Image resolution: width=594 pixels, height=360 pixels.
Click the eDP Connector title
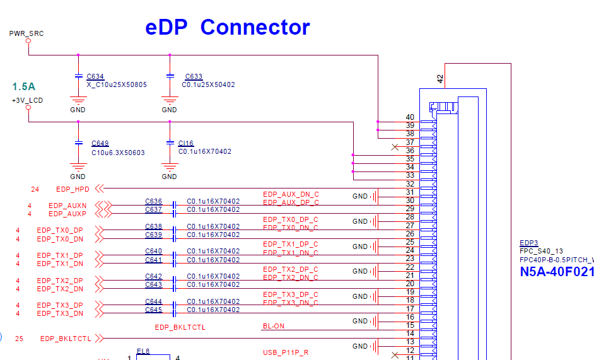[x=228, y=27]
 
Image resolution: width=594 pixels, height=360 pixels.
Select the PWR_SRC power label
[x=26, y=33]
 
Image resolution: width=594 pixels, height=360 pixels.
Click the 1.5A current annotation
[x=24, y=86]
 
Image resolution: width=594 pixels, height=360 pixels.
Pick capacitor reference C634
[x=95, y=76]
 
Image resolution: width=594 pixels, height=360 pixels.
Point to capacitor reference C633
[x=194, y=76]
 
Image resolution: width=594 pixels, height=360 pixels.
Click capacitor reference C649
[x=100, y=143]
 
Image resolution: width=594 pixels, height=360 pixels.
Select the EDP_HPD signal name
[x=73, y=189]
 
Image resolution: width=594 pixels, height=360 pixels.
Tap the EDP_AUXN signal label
[x=67, y=206]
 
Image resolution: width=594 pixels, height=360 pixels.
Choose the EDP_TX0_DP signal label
[x=59, y=230]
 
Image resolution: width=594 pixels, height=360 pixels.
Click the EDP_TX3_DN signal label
[x=59, y=313]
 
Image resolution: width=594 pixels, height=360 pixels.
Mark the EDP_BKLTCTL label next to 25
[x=66, y=339]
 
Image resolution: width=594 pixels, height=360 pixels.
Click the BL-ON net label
[x=273, y=326]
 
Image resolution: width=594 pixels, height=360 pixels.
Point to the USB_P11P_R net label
[x=286, y=352]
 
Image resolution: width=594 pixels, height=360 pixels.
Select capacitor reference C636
[x=153, y=202]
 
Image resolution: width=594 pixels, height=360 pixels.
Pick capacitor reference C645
[x=153, y=310]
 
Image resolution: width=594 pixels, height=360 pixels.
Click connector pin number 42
[x=440, y=79]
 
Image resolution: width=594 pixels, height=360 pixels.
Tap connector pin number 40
[x=410, y=117]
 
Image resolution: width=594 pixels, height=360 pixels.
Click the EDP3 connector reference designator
[x=528, y=243]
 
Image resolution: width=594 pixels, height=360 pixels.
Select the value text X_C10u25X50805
[x=117, y=84]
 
